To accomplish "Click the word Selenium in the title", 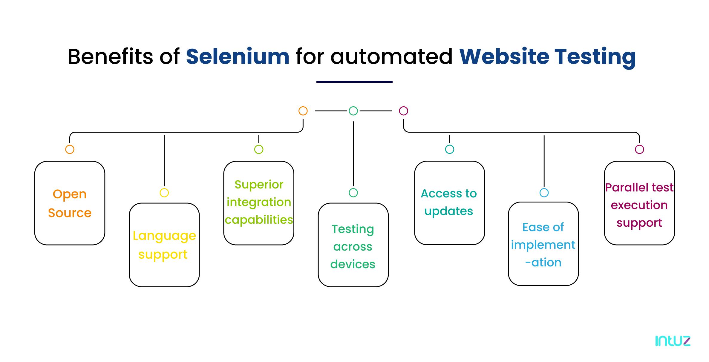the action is [238, 56].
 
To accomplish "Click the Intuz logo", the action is [673, 341].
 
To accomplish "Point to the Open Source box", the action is [70, 203].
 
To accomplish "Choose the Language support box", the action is [164, 245].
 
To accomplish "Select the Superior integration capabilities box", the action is [259, 203].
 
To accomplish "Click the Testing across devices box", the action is [353, 245].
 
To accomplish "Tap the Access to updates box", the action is [450, 203].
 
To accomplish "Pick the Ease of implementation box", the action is [543, 244].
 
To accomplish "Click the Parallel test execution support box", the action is [639, 203].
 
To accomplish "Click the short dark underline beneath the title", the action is [354, 82].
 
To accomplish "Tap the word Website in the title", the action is [504, 56].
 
